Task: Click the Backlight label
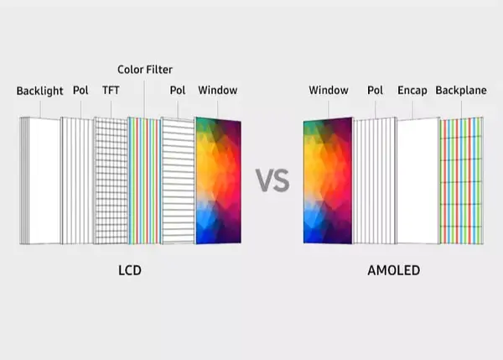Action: [x=39, y=91]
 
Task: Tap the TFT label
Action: [x=111, y=91]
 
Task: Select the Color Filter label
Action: [x=145, y=70]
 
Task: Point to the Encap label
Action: [x=412, y=91]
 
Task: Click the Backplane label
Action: [x=461, y=91]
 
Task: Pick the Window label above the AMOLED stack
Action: [x=329, y=91]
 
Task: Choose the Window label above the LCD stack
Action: [x=218, y=91]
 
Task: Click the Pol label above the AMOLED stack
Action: [x=375, y=91]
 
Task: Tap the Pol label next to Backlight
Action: [x=80, y=91]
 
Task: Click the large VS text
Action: [x=272, y=180]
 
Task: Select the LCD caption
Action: [x=130, y=270]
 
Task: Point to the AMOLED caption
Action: [x=394, y=270]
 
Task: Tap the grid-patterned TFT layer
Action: [x=111, y=180]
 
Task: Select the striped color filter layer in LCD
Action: [x=144, y=180]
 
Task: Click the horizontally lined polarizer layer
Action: [x=178, y=180]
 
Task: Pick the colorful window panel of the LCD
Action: [x=219, y=180]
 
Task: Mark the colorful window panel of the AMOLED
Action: [x=328, y=180]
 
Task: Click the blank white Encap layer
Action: [x=418, y=180]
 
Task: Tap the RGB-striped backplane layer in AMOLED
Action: [x=462, y=180]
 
